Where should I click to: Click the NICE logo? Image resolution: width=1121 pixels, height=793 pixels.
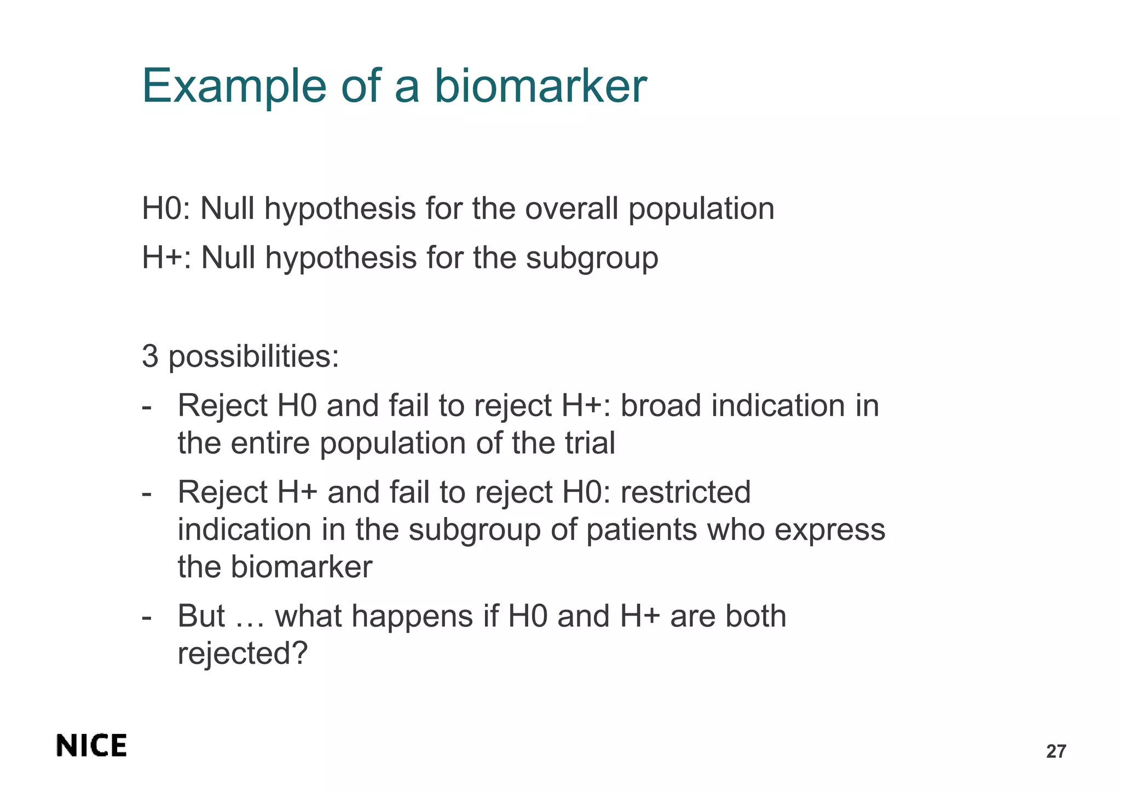point(91,746)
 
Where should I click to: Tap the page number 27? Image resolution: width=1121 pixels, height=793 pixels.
point(1056,751)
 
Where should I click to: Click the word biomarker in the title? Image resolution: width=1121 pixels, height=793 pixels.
point(540,86)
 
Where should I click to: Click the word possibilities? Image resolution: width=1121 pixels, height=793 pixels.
point(253,357)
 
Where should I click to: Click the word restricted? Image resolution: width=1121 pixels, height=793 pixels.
point(685,492)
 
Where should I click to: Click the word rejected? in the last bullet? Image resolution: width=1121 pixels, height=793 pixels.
point(243,654)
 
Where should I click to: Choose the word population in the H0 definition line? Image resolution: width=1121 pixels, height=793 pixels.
point(701,210)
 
